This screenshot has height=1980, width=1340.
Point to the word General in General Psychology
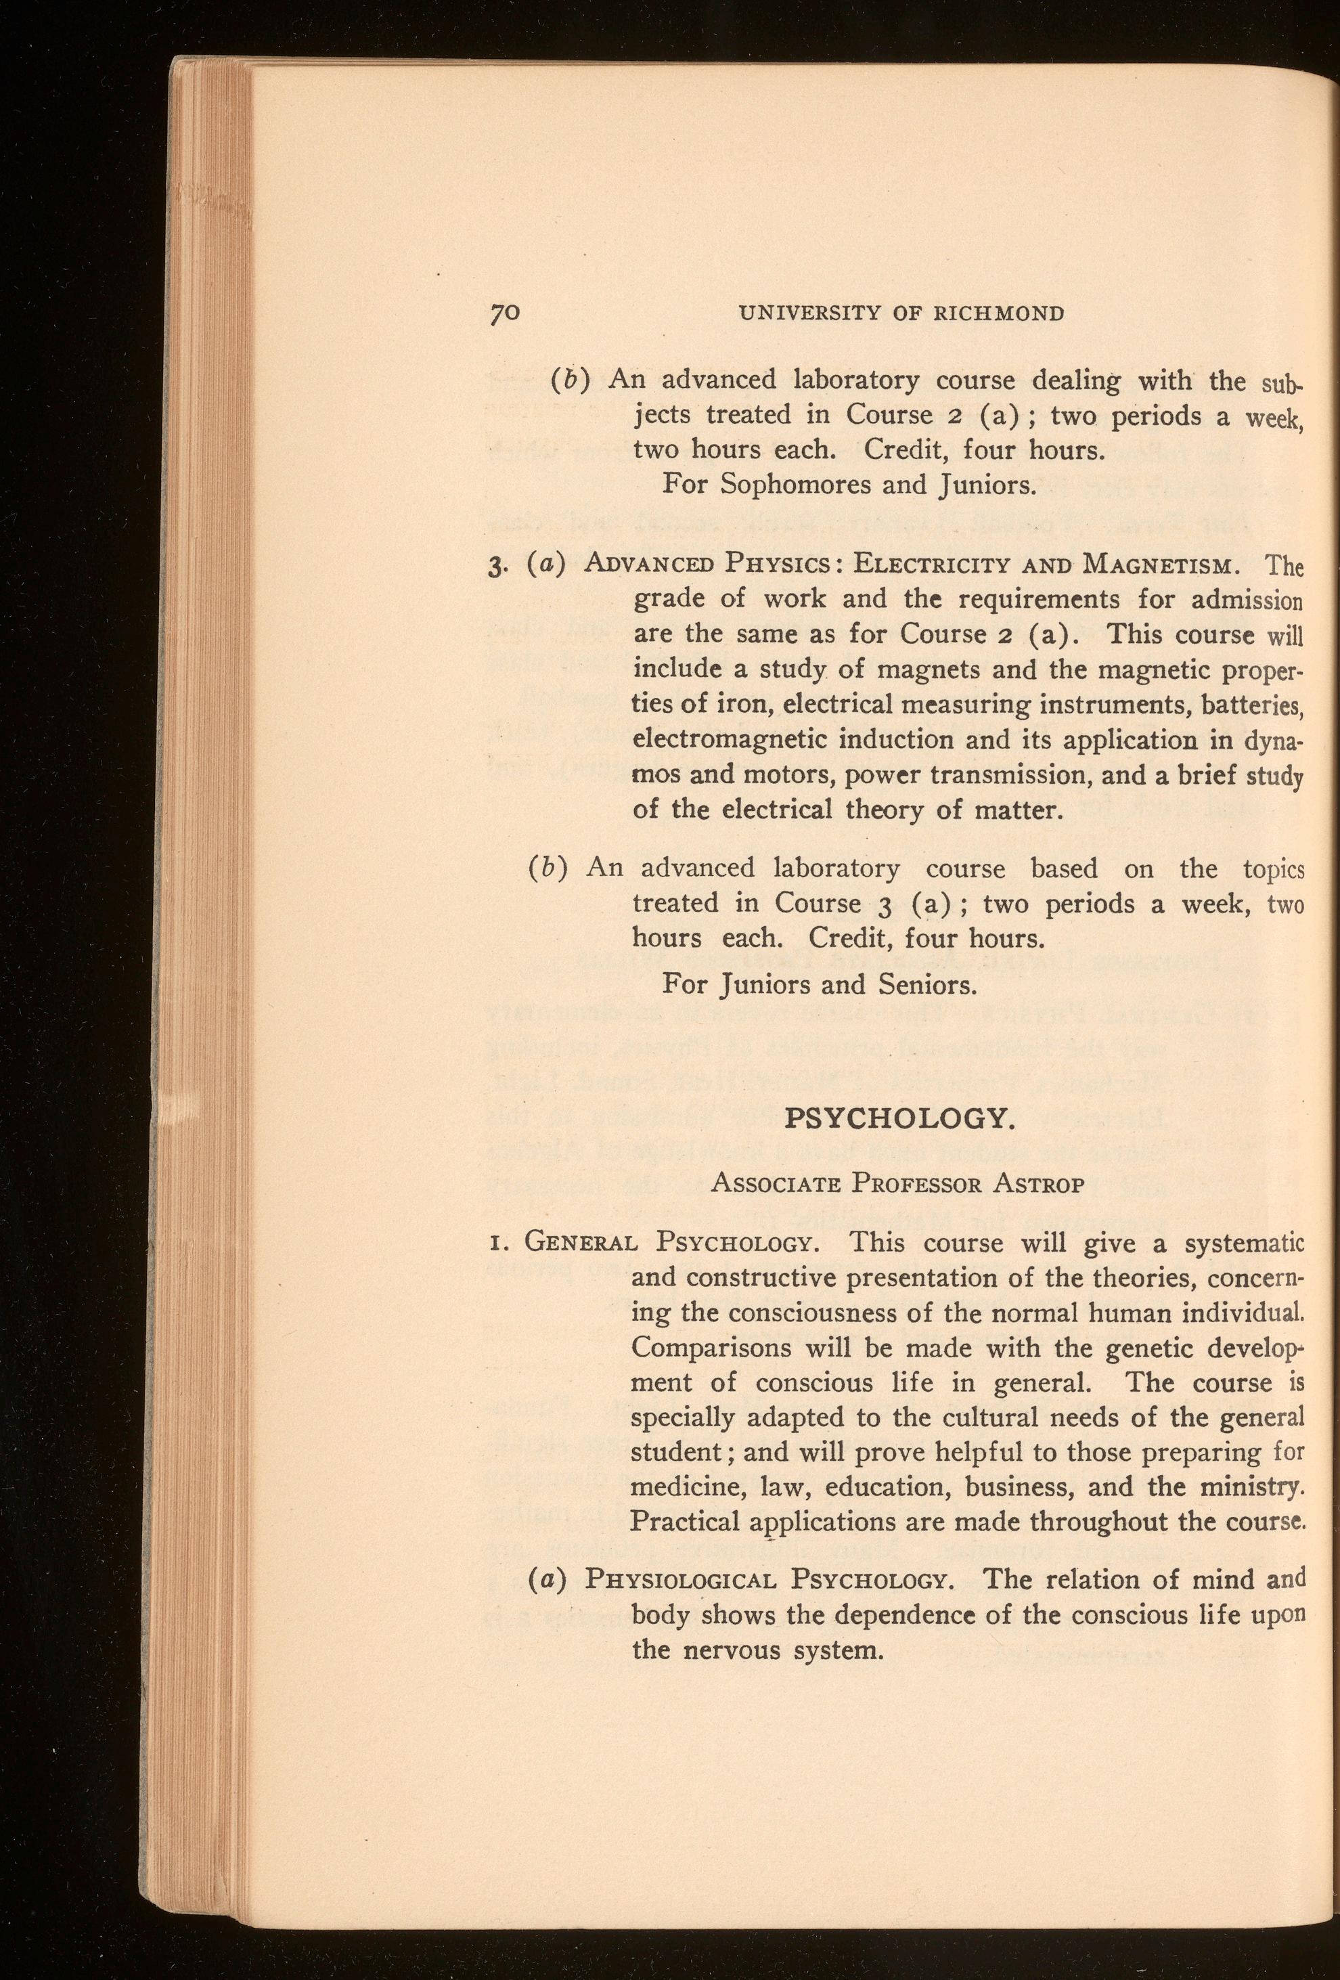[x=580, y=1242]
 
